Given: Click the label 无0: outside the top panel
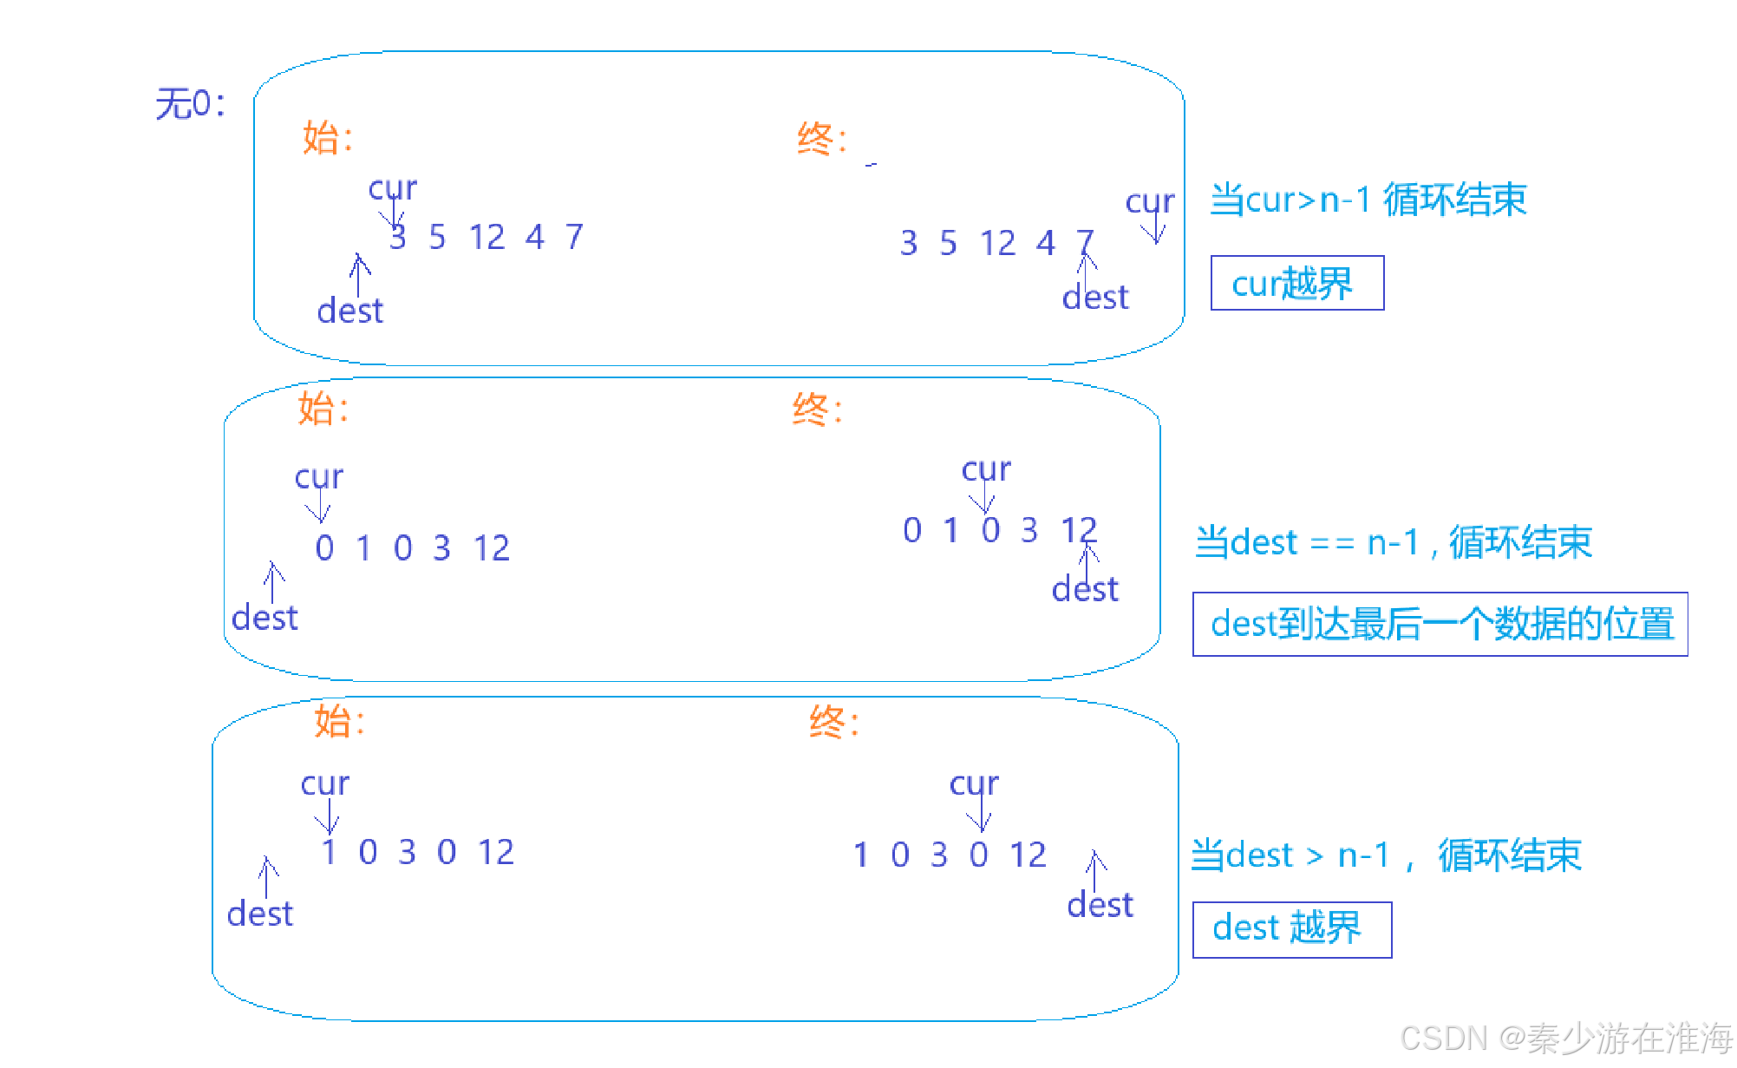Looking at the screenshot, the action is click(190, 104).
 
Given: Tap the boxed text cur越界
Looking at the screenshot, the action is click(1293, 284).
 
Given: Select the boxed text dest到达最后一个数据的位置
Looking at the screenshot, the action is click(1441, 625).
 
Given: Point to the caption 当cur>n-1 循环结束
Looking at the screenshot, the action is click(1368, 200).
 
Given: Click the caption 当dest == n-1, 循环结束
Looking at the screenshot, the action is click(1393, 542).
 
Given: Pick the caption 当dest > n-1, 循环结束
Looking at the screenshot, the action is click(1386, 855).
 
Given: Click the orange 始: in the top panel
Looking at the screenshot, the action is click(327, 138).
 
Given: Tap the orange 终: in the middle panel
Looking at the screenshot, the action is click(816, 409).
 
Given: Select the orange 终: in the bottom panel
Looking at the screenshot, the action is click(833, 722).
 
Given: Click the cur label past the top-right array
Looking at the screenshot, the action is click(1149, 202).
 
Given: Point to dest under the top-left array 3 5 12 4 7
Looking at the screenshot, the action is click(349, 311).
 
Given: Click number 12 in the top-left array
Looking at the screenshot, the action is click(486, 237).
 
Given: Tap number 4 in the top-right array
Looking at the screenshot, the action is click(1045, 243).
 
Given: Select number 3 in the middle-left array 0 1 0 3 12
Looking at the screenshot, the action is click(441, 548).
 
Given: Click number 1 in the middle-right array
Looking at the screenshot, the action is click(951, 529).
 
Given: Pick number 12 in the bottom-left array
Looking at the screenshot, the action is click(496, 852).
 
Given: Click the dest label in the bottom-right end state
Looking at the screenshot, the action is click(1100, 906).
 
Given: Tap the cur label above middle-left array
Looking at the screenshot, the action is click(318, 477).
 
